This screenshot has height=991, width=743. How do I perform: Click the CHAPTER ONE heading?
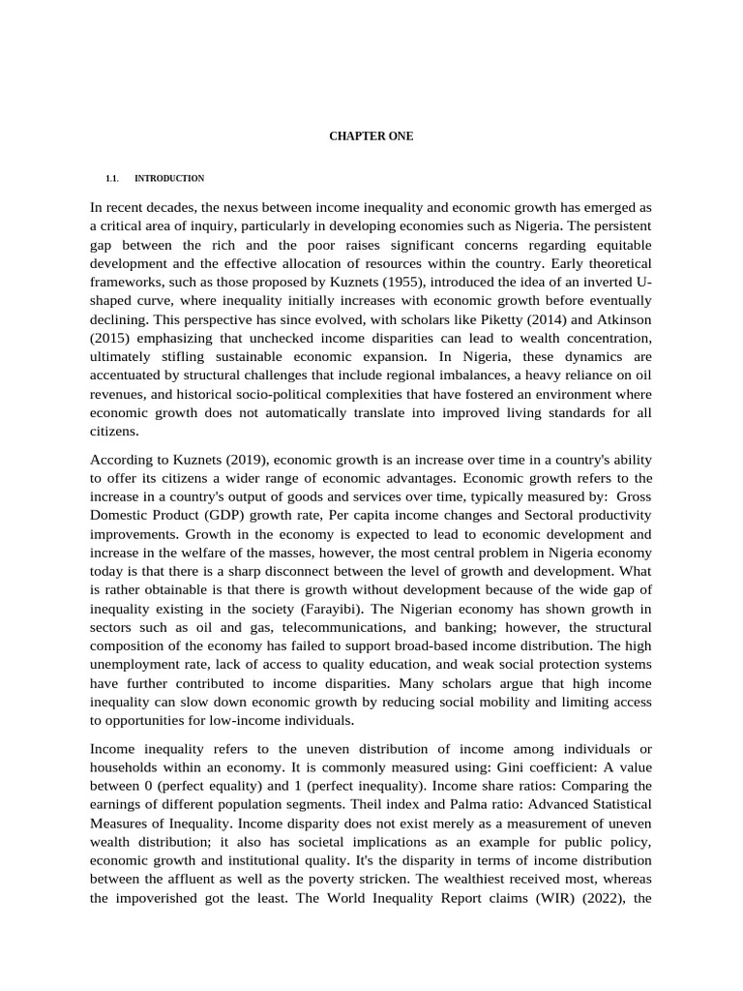371,136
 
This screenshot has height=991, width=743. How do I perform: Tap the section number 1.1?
111,179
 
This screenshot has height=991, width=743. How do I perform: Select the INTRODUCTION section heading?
169,179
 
